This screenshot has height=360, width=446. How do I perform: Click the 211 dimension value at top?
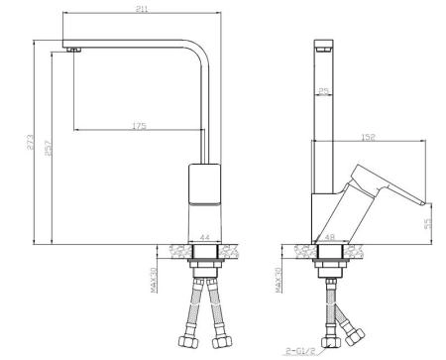coord(142,9)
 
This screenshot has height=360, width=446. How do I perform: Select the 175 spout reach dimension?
coord(139,126)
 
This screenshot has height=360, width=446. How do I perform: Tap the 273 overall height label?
coord(30,142)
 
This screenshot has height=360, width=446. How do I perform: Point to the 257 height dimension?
coord(49,148)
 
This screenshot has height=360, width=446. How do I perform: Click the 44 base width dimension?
coord(205,237)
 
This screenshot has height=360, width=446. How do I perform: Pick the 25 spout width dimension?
coord(324,90)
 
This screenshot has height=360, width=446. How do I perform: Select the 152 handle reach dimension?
coord(369,137)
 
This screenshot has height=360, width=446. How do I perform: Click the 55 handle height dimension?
coord(428,223)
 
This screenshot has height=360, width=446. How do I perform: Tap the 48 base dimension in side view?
coord(330,237)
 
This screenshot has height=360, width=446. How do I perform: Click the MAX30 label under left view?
coord(154,280)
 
